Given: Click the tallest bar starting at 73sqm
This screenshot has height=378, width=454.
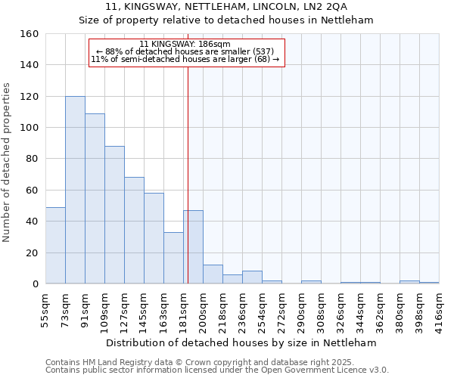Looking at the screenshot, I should pyautogui.click(x=75, y=190).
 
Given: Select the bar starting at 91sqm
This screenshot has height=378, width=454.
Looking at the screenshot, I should pyautogui.click(x=95, y=198).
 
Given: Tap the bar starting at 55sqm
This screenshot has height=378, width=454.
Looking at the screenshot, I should pyautogui.click(x=55, y=245).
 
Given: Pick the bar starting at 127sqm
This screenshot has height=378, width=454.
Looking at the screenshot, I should pyautogui.click(x=134, y=230).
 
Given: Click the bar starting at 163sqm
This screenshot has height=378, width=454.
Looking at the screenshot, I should pyautogui.click(x=173, y=258).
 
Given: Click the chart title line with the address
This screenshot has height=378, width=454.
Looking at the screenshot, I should pyautogui.click(x=226, y=6).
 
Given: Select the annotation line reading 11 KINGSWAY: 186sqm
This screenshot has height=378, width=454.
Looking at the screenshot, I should pyautogui.click(x=185, y=45).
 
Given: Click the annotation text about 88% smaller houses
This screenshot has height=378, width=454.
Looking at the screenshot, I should pyautogui.click(x=185, y=51).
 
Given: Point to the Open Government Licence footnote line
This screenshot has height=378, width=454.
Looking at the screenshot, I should pyautogui.click(x=217, y=370).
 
